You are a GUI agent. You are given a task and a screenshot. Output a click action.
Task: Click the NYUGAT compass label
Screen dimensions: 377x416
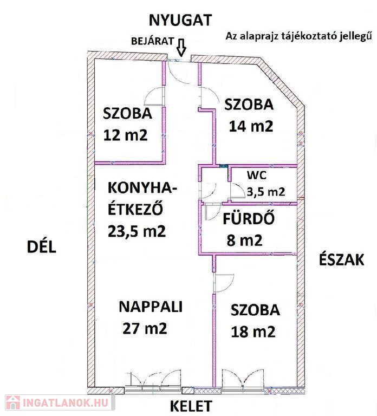point(180,21)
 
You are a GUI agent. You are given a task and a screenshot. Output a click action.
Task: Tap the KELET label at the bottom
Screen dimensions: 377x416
point(191,406)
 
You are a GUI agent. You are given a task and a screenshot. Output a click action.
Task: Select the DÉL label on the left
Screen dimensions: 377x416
point(42,246)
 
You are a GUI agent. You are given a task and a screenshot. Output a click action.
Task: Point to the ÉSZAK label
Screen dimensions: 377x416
point(341,259)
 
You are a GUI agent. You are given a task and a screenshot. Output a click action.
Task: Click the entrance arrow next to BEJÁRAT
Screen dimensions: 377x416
point(181,48)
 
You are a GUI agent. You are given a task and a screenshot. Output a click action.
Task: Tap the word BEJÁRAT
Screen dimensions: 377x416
point(153,41)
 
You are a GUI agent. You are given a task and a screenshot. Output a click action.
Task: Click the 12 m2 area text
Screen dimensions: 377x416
point(125,135)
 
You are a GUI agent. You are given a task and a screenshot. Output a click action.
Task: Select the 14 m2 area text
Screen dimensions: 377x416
point(251,126)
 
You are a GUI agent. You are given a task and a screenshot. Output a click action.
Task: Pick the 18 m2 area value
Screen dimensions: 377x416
point(253,331)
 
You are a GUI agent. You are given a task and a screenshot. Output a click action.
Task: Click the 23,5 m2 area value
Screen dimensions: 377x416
point(136,231)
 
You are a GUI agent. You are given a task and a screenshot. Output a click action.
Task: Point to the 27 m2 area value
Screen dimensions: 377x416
point(145,328)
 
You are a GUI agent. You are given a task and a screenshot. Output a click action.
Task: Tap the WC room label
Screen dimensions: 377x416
point(257,175)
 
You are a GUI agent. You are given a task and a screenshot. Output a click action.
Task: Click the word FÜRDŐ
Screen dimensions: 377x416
point(249,219)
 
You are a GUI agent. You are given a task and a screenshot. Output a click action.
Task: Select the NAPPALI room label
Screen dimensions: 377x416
point(151,307)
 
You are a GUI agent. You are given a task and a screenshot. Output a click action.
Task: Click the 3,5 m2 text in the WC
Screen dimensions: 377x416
point(266,191)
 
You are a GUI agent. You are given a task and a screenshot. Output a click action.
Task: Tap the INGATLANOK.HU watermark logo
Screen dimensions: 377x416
point(58,403)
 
